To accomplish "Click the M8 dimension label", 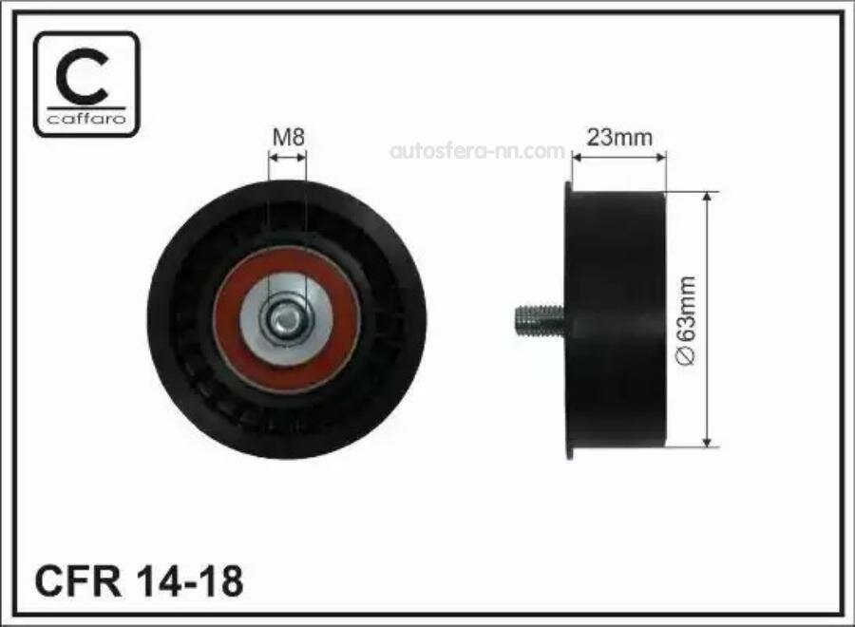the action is (289, 138).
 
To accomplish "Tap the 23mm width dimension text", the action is (618, 138).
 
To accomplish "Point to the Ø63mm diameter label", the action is (686, 320).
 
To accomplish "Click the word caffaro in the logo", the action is (86, 119).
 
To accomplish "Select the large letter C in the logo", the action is (83, 76).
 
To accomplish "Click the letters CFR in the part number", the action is (78, 581).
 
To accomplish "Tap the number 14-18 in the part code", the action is (191, 581).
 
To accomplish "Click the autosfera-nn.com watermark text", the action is (477, 151).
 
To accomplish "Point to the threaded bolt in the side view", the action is (540, 320).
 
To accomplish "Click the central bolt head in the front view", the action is (285, 318).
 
